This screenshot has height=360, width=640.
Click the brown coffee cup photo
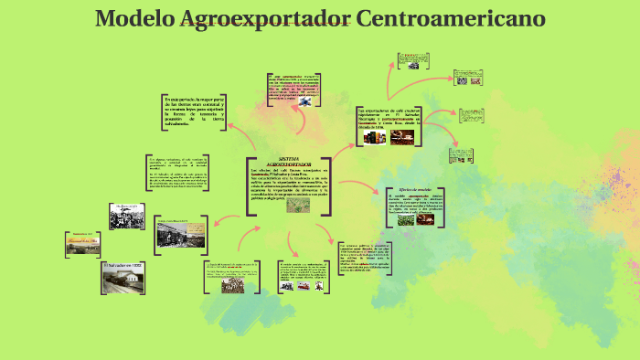pyautogui.click(x=401, y=137)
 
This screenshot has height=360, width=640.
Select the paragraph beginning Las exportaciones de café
pyautogui.click(x=389, y=118)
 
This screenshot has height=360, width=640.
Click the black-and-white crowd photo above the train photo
pyautogui.click(x=127, y=216)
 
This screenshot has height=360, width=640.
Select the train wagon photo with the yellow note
pyautogui.click(x=179, y=234)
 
